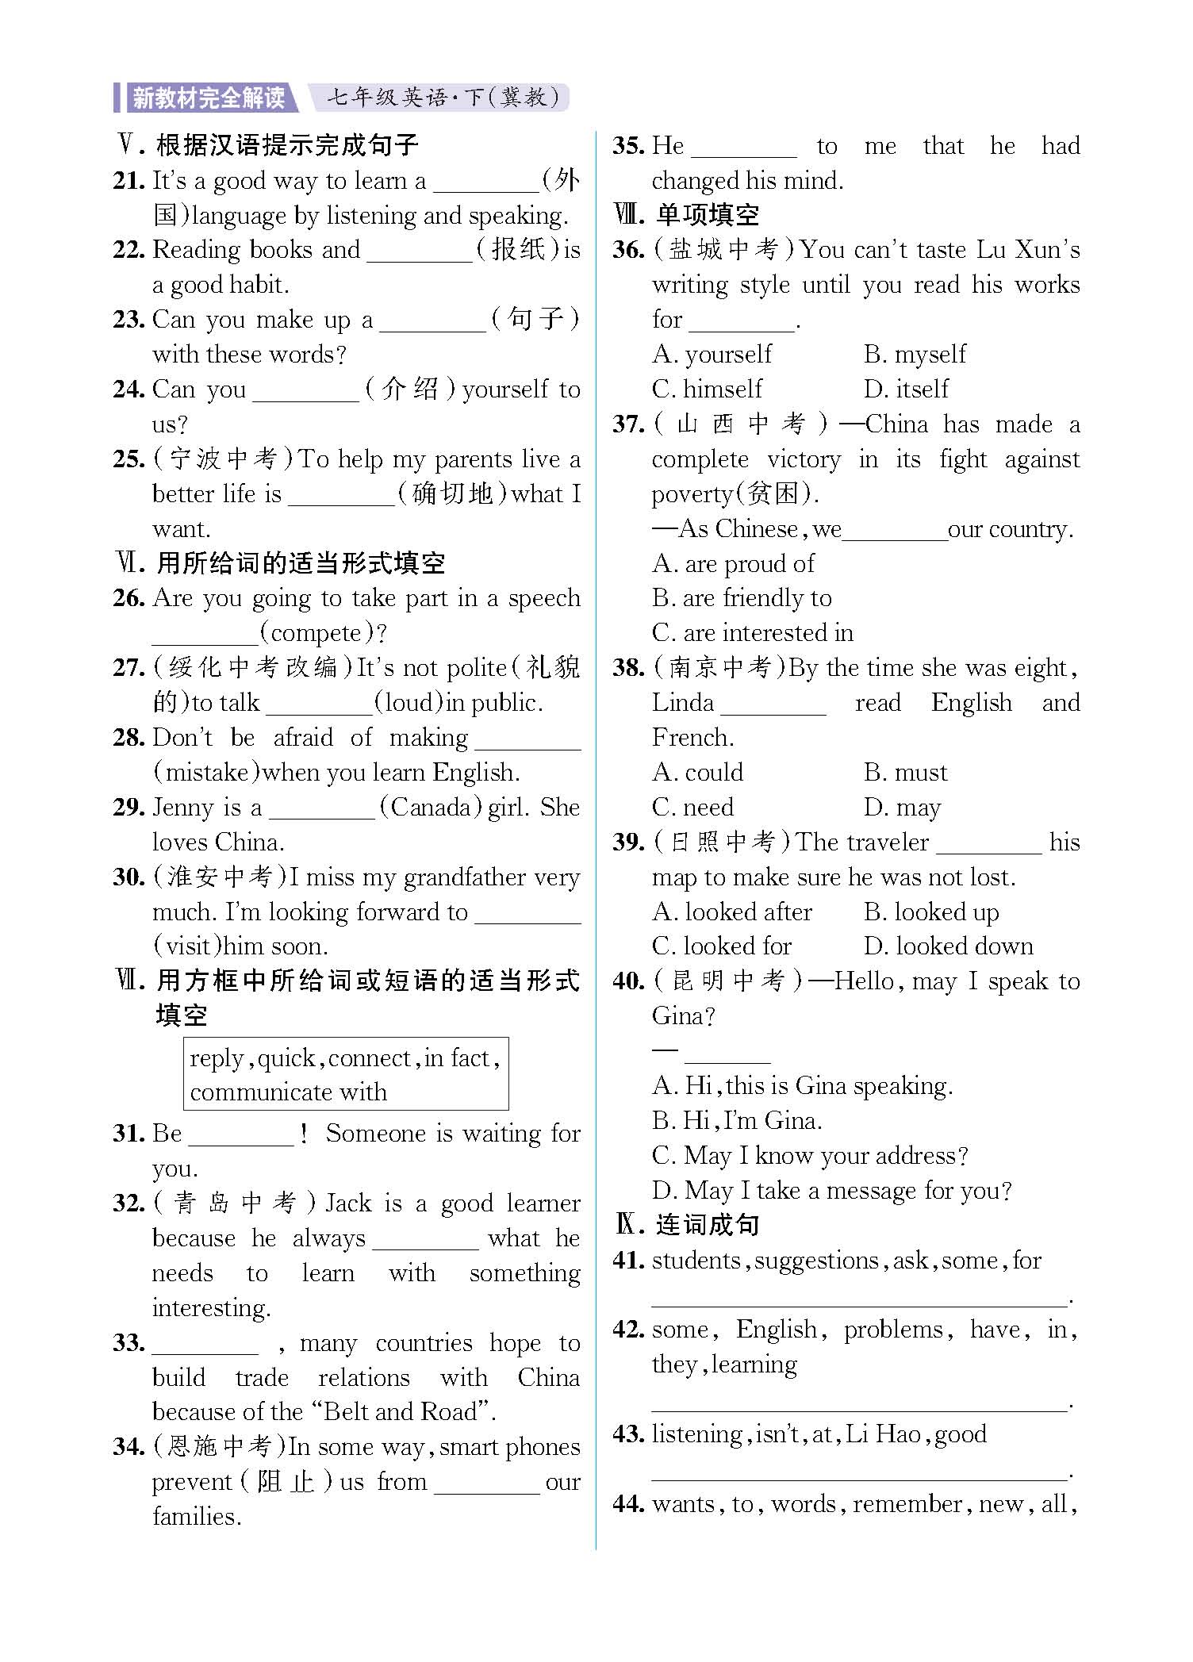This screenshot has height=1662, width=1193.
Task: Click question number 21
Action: click(x=129, y=181)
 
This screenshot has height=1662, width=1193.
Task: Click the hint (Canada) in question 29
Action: click(x=431, y=808)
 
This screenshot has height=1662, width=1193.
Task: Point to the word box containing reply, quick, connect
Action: click(x=346, y=1074)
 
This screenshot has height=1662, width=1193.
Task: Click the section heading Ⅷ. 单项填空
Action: click(x=687, y=215)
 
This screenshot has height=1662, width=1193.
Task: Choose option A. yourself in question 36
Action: click(x=712, y=354)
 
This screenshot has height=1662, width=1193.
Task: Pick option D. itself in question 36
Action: click(x=906, y=389)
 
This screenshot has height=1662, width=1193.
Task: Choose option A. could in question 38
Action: click(x=697, y=772)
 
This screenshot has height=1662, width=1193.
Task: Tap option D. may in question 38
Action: click(x=902, y=808)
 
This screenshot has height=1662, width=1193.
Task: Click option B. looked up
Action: click(x=931, y=912)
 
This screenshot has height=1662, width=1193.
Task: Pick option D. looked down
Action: click(x=948, y=946)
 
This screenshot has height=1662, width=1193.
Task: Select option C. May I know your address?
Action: click(x=810, y=1155)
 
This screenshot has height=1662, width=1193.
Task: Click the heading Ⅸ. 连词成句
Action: click(x=687, y=1225)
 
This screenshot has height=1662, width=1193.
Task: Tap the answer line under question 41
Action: click(x=860, y=1302)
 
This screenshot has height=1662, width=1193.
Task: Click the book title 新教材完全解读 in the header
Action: click(x=209, y=98)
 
